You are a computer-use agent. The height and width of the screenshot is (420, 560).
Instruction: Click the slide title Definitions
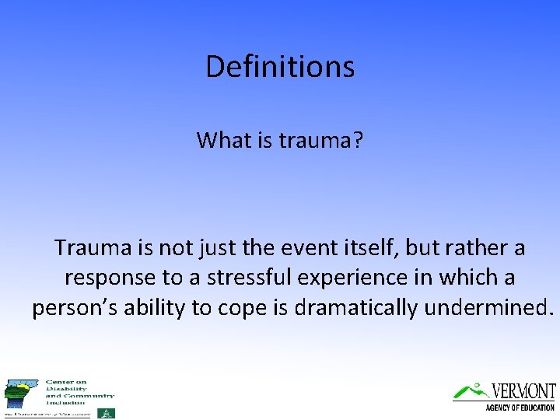(280, 67)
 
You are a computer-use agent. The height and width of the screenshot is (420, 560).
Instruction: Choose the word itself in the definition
(354, 248)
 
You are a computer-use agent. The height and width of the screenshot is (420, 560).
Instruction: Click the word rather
(476, 248)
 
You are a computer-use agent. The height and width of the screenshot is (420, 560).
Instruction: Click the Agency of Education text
(520, 408)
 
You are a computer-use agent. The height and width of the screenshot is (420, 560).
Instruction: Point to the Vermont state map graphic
(21, 395)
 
